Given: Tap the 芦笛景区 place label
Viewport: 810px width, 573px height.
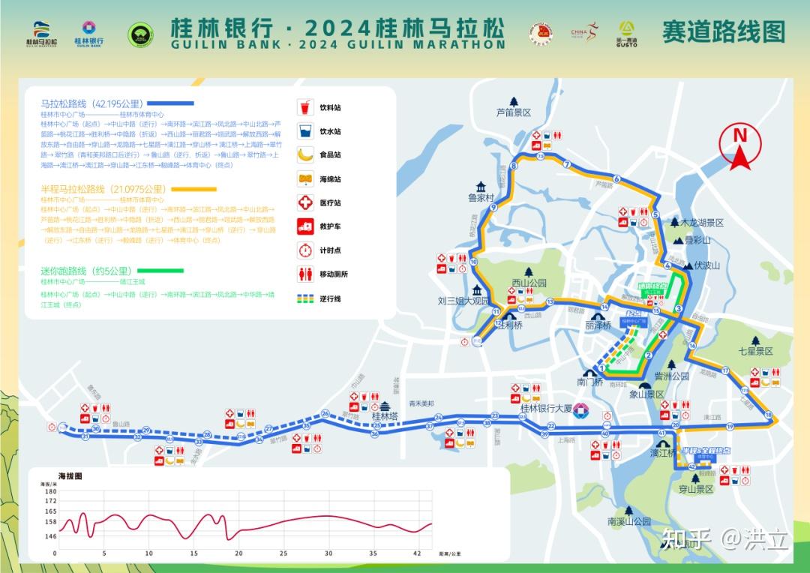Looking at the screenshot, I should (x=514, y=112).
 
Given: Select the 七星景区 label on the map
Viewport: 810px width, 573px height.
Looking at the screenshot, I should (x=754, y=351).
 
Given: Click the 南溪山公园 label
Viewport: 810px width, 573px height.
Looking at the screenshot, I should (x=629, y=520).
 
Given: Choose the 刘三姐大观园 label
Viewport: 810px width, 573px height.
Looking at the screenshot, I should (x=463, y=301).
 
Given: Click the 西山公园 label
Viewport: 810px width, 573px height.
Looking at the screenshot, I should (x=529, y=283).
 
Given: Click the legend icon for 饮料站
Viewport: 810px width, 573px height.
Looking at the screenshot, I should (x=305, y=108).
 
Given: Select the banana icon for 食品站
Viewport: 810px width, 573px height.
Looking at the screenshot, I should (x=305, y=155).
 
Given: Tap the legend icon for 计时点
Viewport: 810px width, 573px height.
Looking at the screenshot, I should (x=305, y=250).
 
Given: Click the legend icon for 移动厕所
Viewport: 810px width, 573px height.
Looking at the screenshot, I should (x=305, y=274).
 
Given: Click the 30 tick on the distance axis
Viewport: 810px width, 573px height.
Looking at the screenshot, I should (x=328, y=553).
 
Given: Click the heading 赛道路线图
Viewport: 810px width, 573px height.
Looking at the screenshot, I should (x=723, y=31).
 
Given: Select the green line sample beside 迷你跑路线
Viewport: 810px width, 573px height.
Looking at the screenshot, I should (x=160, y=271).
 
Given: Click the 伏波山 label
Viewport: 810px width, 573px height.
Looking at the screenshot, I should (x=706, y=265).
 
